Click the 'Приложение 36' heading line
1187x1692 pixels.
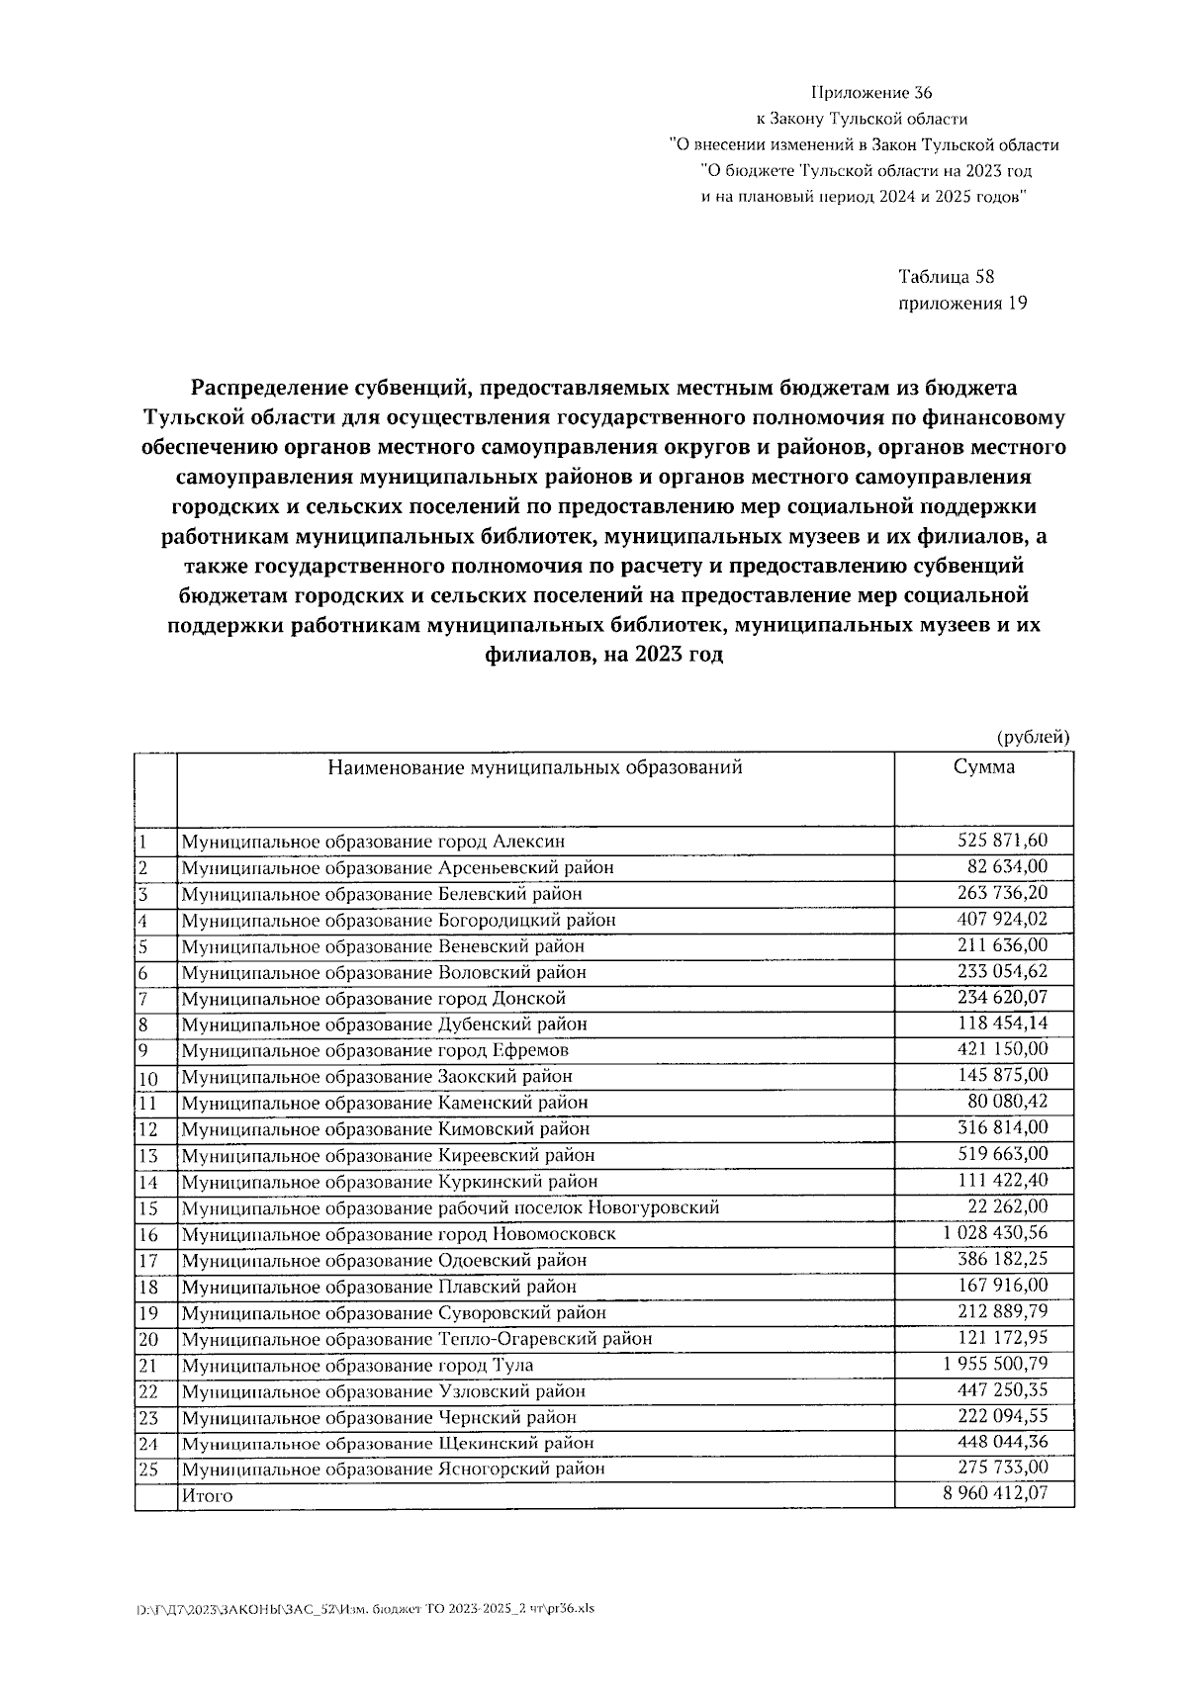pyautogui.click(x=870, y=94)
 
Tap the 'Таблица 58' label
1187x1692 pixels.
pyautogui.click(x=938, y=277)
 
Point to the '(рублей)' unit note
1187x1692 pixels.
pyautogui.click(x=1032, y=736)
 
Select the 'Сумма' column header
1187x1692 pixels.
pyautogui.click(x=983, y=767)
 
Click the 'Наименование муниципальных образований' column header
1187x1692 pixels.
pyautogui.click(x=534, y=767)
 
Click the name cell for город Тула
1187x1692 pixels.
pyautogui.click(x=357, y=1365)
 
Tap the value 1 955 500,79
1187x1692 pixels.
pyautogui.click(x=995, y=1364)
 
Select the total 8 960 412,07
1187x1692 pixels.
pyautogui.click(x=995, y=1494)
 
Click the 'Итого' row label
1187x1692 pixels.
pyautogui.click(x=207, y=1495)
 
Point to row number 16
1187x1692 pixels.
pyautogui.click(x=148, y=1234)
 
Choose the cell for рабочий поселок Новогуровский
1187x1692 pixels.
pyautogui.click(x=450, y=1207)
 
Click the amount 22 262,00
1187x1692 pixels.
pyautogui.click(x=1007, y=1206)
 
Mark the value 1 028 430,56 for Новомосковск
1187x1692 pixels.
pyautogui.click(x=995, y=1233)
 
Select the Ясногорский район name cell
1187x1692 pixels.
pyautogui.click(x=393, y=1469)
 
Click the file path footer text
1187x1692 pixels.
pyautogui.click(x=365, y=1607)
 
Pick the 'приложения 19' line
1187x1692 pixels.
pyautogui.click(x=961, y=303)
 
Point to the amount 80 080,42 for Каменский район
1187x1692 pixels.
pyautogui.click(x=1007, y=1102)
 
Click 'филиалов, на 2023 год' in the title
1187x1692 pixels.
pyautogui.click(x=603, y=655)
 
